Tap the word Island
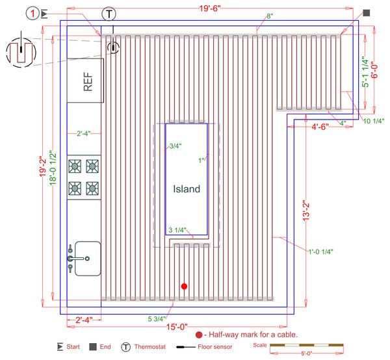point(187,190)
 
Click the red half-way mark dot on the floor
point(185,286)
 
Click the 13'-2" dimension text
point(308,209)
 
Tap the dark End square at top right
point(367,12)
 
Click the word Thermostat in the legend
point(150,347)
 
